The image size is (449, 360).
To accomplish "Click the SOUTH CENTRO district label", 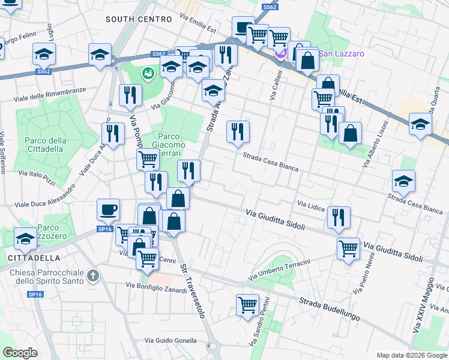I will pos(139,19).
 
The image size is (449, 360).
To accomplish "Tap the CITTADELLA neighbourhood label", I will pos(34,257).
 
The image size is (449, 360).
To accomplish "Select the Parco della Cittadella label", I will pos(44,145).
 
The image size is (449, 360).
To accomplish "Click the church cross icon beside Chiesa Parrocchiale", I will pos(92,276).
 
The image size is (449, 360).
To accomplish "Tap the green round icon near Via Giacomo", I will pos(147,73).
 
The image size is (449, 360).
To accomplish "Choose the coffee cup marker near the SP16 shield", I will pos(108,210).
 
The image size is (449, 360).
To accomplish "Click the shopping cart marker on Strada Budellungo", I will pos(247,305).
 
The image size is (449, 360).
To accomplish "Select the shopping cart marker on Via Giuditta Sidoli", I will pos(348,248).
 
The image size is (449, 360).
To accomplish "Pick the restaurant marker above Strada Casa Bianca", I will pos(238,131).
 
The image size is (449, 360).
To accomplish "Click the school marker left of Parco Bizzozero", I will pos(25,239).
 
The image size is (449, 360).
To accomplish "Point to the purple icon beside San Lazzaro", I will pos(280,54).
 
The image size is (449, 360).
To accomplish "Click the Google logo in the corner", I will pos(20,353).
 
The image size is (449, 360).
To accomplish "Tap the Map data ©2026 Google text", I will pos(411,355).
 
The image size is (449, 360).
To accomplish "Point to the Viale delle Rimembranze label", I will pos(50,93).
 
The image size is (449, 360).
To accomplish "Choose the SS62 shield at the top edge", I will pos(270,7).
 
